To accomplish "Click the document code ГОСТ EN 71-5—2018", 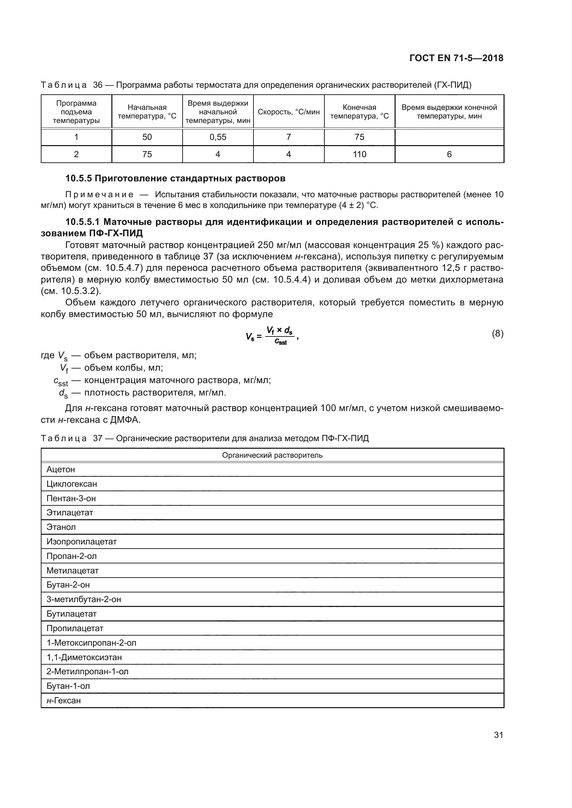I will click(456, 58).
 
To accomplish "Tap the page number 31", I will click(498, 735).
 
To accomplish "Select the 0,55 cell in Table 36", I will click(218, 137).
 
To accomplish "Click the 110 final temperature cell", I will click(359, 154).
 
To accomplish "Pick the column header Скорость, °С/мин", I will click(288, 112).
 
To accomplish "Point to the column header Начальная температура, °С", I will click(147, 112).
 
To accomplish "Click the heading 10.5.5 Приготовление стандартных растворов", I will click(175, 178).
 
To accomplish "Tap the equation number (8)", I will click(497, 334).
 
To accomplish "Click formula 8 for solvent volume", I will click(272, 335).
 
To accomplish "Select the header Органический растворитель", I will click(272, 455).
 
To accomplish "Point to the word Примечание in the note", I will click(99, 194).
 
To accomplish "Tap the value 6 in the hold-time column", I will click(449, 154).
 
